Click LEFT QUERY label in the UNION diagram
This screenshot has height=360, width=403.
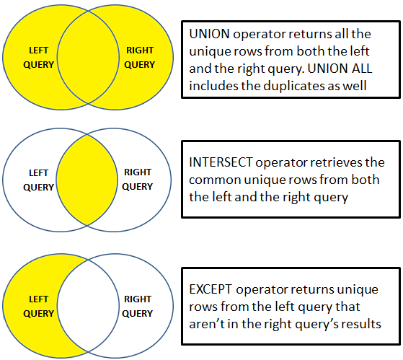pos(39,57)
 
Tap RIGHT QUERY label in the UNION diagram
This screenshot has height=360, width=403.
pos(139,57)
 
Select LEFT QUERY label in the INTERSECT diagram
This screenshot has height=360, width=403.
pos(39,180)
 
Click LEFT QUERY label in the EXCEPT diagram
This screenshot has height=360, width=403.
pos(39,306)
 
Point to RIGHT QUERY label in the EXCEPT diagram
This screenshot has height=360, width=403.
pos(138,306)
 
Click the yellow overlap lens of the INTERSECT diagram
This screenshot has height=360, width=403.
pos(88,179)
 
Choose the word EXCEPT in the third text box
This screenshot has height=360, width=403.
pos(212,289)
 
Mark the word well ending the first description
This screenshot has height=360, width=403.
pos(373,86)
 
